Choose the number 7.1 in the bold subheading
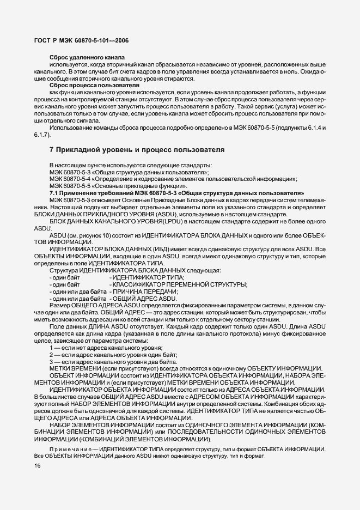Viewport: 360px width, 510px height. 54,193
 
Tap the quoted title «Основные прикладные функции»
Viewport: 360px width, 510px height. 124,186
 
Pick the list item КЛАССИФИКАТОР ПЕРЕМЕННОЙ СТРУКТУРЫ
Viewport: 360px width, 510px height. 179,285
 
